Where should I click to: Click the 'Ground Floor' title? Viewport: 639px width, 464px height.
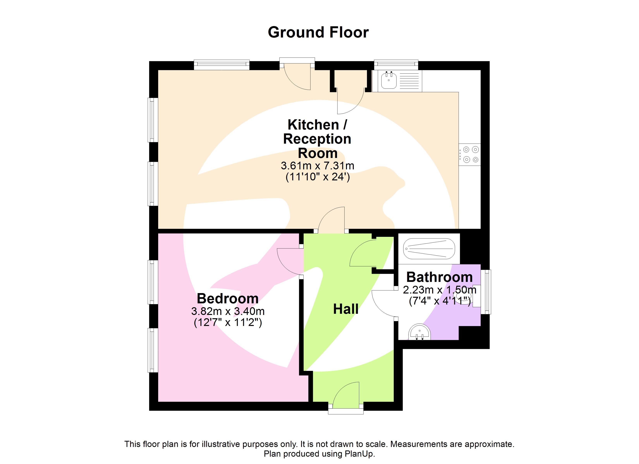pyautogui.click(x=318, y=32)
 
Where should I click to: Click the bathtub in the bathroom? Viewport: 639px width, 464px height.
pyautogui.click(x=429, y=249)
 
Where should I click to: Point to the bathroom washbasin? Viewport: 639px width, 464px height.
pyautogui.click(x=420, y=332)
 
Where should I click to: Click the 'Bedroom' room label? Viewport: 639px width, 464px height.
pyautogui.click(x=228, y=299)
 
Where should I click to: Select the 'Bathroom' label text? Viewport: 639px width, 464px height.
pyautogui.click(x=439, y=277)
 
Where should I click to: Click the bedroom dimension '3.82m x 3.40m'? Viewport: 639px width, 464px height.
pyautogui.click(x=228, y=311)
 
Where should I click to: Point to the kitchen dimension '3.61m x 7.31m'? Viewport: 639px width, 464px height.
pyautogui.click(x=318, y=166)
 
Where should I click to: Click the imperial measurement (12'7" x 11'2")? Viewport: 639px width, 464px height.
pyautogui.click(x=228, y=322)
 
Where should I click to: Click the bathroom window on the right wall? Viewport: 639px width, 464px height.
pyautogui.click(x=486, y=292)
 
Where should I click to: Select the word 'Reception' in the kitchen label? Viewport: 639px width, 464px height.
pyautogui.click(x=317, y=139)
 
